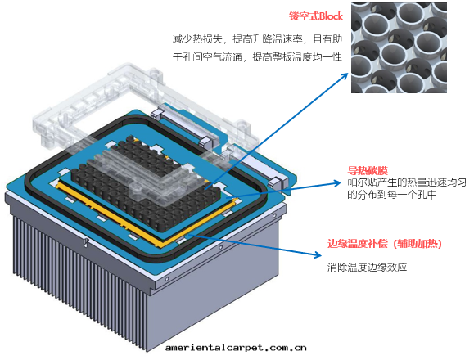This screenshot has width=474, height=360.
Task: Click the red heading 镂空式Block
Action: (316, 16)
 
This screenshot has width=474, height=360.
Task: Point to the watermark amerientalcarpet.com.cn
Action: (236, 347)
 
